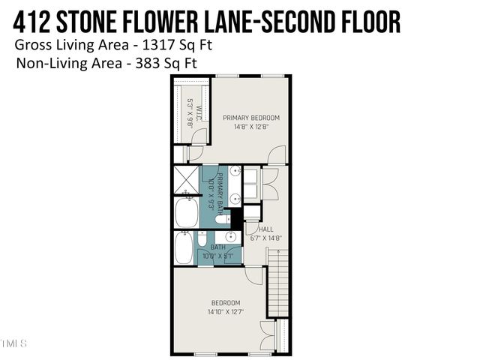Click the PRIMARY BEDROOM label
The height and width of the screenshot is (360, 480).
(250, 118)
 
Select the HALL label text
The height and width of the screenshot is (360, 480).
(265, 229)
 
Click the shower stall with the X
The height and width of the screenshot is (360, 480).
(185, 179)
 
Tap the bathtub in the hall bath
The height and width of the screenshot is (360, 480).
(183, 248)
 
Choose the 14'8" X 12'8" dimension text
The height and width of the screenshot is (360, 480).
(250, 127)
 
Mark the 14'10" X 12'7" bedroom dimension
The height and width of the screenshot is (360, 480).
(226, 311)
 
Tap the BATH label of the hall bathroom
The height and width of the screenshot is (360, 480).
(217, 247)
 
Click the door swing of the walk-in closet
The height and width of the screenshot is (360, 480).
(194, 153)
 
